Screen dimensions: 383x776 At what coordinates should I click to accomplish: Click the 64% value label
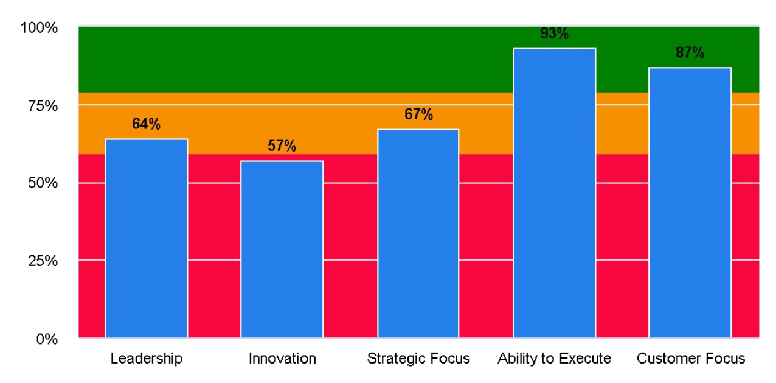(x=146, y=124)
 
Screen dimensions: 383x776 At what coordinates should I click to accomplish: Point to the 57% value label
(x=282, y=146)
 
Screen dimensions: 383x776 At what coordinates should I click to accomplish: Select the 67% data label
(x=418, y=114)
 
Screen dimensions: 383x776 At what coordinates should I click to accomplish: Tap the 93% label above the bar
(x=554, y=33)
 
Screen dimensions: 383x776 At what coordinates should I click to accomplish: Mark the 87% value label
(x=690, y=53)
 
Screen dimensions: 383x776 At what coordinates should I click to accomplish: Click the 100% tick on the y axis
(x=39, y=28)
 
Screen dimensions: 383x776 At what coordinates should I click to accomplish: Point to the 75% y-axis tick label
(x=43, y=106)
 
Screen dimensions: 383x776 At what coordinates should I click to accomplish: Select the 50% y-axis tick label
(x=43, y=183)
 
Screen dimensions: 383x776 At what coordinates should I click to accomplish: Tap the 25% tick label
(x=43, y=261)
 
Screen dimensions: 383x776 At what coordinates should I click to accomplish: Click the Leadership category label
(x=146, y=359)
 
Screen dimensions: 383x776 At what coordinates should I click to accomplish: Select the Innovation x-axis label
(x=282, y=359)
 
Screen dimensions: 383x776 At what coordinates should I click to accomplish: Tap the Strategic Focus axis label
(x=418, y=359)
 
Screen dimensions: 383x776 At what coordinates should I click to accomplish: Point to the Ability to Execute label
(x=554, y=359)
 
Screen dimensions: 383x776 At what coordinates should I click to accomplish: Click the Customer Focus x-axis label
(x=690, y=359)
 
